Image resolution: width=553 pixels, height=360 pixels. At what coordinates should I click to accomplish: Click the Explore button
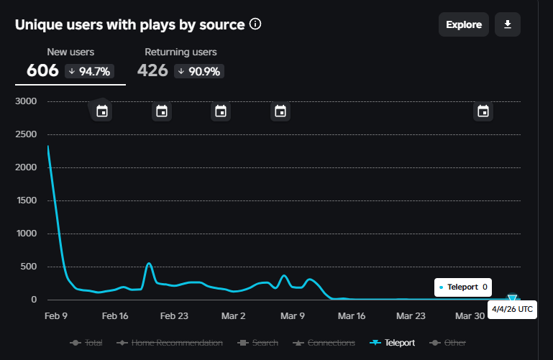tap(464, 24)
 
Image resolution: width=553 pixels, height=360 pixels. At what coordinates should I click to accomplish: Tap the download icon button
tap(508, 24)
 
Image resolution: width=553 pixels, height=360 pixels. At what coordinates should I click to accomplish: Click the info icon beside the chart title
tap(255, 24)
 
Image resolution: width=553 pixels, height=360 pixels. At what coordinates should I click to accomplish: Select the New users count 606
tap(42, 70)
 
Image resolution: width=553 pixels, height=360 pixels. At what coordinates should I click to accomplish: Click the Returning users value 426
tap(152, 70)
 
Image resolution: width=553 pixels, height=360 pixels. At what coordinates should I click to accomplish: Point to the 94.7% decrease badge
tap(90, 70)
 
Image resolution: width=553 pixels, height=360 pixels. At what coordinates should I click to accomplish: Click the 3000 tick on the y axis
tap(26, 101)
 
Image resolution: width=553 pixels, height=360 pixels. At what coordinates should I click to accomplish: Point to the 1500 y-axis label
tap(26, 200)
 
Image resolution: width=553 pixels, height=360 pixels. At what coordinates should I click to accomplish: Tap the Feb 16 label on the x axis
tap(115, 315)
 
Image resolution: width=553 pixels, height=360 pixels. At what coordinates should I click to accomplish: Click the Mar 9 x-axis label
tap(293, 315)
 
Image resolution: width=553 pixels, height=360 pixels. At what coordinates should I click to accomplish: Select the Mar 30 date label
tap(470, 315)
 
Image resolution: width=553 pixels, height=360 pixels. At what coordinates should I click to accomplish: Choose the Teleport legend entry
tap(392, 343)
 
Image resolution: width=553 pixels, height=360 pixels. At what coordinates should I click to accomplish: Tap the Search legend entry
tap(261, 343)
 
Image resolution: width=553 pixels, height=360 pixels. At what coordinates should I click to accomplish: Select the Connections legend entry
tap(324, 343)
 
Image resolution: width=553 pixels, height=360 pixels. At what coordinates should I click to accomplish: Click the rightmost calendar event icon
tap(483, 111)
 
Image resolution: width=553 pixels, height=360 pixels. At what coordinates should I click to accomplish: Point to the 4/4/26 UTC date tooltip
tap(512, 308)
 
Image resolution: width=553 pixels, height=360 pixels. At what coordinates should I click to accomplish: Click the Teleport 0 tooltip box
tap(464, 287)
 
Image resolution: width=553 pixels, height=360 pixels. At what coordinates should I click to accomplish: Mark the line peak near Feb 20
tap(149, 263)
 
